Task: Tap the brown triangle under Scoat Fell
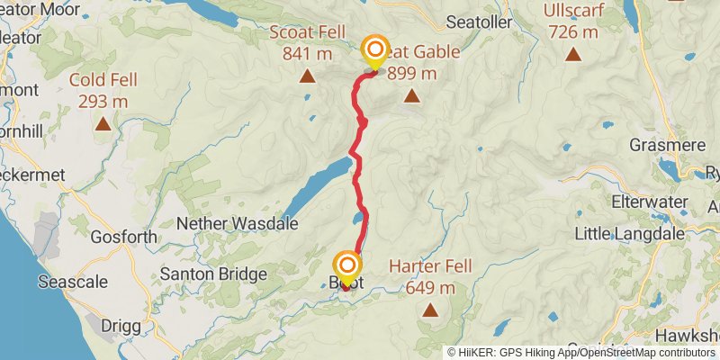[307, 76]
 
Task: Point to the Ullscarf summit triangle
[572, 54]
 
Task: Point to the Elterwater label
[649, 202]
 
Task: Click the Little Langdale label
[629, 234]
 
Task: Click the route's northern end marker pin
[373, 50]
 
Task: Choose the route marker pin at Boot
[347, 267]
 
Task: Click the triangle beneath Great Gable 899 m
[411, 95]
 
